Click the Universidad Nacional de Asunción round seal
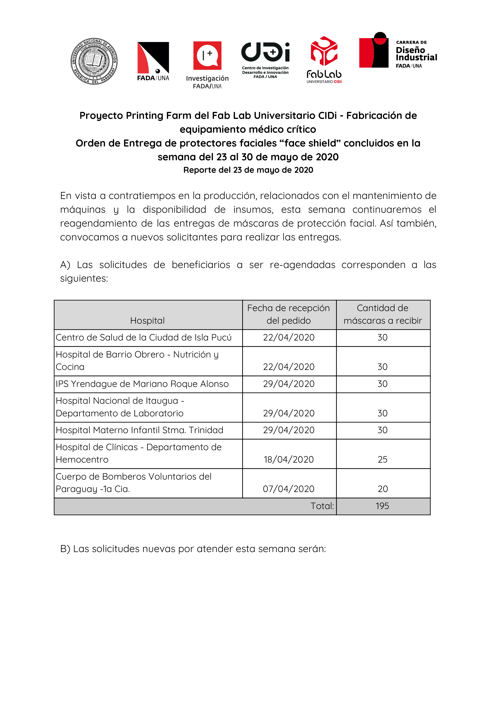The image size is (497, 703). [94, 61]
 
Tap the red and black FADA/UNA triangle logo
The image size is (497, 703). [153, 61]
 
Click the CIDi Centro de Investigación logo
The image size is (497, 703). [265, 60]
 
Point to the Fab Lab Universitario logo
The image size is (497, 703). [324, 60]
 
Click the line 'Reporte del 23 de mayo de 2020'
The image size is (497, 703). [248, 170]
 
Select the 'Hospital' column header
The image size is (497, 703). [147, 321]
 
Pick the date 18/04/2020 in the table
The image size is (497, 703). [288, 459]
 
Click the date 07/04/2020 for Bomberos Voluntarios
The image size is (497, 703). [288, 489]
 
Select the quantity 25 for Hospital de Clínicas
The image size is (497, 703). [383, 459]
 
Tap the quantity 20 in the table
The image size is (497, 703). [383, 489]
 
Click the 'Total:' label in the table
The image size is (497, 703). [322, 506]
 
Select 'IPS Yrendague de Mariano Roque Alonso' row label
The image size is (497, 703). [142, 384]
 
